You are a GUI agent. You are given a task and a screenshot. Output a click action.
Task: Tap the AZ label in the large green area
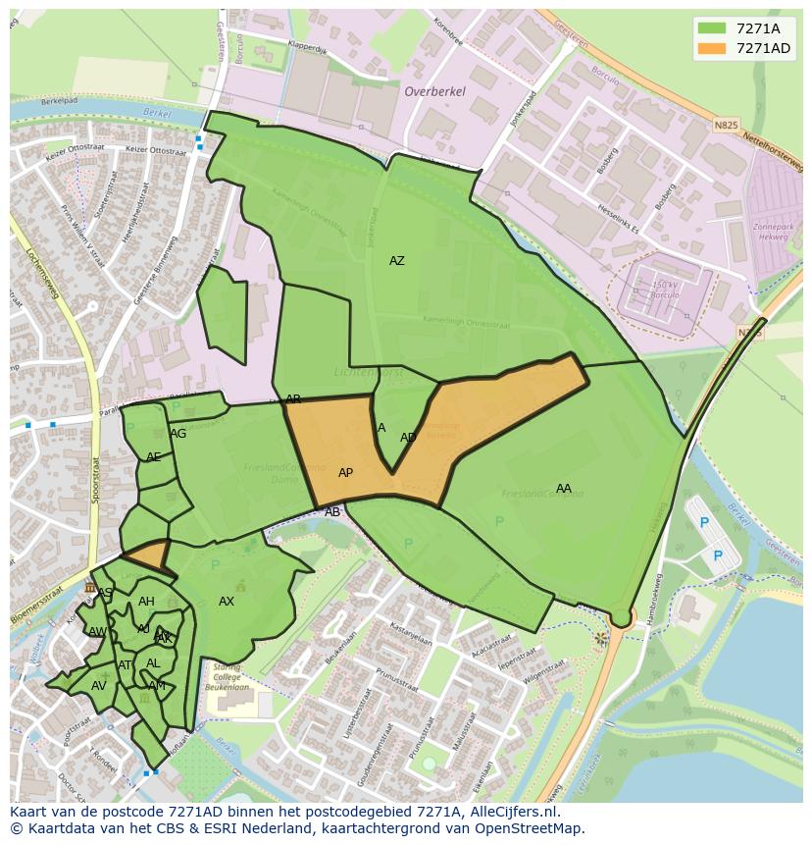click(x=396, y=261)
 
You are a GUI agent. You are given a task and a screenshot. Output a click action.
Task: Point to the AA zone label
click(x=563, y=489)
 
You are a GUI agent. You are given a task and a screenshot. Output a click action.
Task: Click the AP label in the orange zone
click(x=345, y=473)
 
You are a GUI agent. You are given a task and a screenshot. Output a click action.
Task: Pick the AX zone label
click(x=227, y=602)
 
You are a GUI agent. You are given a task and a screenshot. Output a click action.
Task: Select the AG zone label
click(x=178, y=434)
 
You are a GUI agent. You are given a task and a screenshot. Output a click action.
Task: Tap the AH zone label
click(x=146, y=602)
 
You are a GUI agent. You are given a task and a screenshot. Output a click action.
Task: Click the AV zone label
click(x=98, y=686)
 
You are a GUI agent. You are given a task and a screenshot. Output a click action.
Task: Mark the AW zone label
click(x=97, y=632)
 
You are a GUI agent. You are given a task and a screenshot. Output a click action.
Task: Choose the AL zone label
click(x=153, y=663)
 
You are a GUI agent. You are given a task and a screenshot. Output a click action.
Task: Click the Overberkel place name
click(x=434, y=91)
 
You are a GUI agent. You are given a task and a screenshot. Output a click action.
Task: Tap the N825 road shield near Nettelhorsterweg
click(x=725, y=126)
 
